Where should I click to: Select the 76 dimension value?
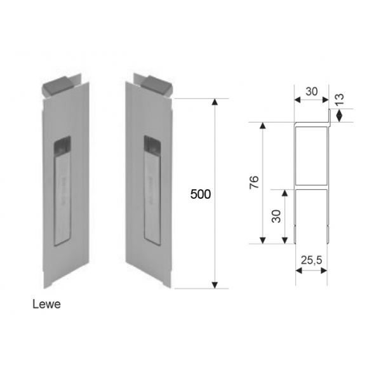click(x=253, y=183)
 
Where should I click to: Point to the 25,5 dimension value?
click(x=312, y=260)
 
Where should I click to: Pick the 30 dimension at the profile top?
click(x=311, y=91)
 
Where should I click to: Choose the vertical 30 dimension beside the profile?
click(x=276, y=216)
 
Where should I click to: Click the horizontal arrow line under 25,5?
click(x=311, y=271)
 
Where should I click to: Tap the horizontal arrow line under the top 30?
click(x=311, y=101)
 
